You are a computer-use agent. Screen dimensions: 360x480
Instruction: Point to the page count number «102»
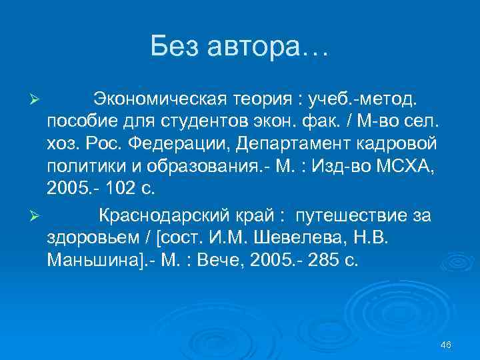115,189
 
